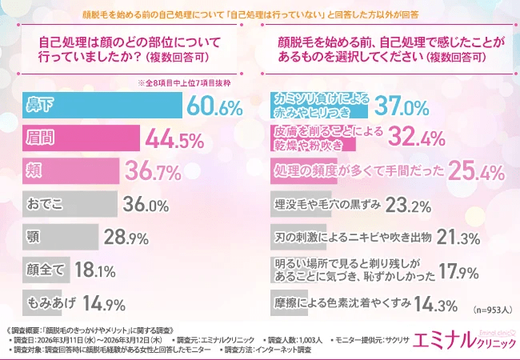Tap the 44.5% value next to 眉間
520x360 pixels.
[174, 140]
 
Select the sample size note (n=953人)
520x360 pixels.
[491, 309]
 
